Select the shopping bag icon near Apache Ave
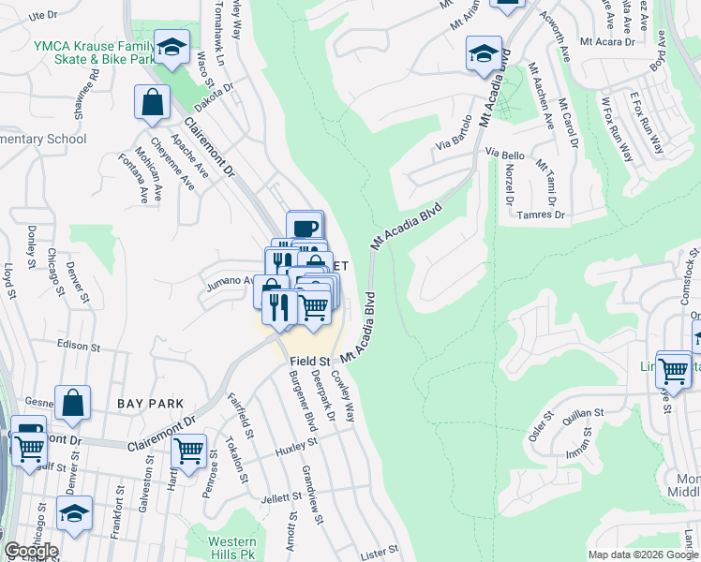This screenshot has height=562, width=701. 152,103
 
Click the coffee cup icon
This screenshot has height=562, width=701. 305,228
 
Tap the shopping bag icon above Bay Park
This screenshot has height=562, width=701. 72,404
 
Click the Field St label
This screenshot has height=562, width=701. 310,361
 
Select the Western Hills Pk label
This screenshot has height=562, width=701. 232,549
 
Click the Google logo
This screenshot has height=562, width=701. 30,551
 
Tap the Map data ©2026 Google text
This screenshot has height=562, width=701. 642,555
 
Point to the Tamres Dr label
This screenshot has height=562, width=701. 543,214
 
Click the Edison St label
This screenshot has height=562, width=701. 78,344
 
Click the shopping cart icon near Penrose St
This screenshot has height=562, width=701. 189,451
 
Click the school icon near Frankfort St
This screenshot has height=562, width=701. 75,514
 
